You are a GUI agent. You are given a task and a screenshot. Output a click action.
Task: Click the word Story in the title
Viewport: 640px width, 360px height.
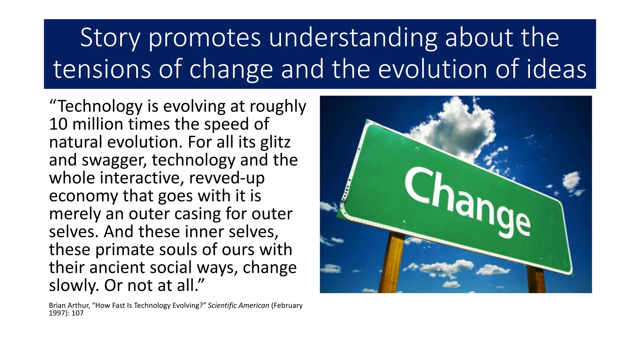point(110,38)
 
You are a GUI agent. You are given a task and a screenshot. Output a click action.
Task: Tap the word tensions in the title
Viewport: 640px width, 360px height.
point(102,69)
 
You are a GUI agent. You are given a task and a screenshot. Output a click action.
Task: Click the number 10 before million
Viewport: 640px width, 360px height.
point(58,124)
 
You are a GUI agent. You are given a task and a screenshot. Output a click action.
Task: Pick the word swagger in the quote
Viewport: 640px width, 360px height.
point(114,160)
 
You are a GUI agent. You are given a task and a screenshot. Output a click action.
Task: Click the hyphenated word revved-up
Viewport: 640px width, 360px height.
point(227,178)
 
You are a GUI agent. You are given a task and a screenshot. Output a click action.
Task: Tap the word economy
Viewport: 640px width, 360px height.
point(83,196)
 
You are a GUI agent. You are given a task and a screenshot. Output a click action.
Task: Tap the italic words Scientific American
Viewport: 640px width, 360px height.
point(238,305)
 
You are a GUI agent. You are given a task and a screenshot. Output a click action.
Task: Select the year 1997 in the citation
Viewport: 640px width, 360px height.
point(57,313)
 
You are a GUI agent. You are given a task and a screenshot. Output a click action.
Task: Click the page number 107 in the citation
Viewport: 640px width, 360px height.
point(77,313)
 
